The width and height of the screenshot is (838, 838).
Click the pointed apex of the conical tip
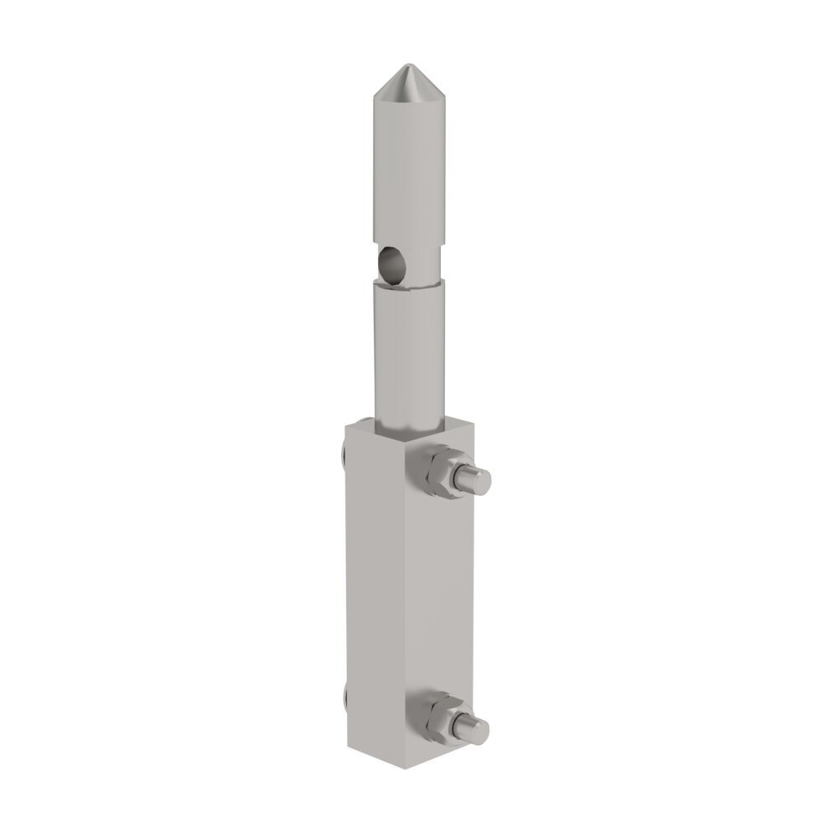pos(408,65)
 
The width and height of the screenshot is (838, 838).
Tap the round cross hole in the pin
pos(391,264)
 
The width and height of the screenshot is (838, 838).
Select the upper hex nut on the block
pos(437,473)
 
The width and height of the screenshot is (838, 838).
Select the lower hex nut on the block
pos(436,717)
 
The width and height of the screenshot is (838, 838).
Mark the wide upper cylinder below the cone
pos(408,176)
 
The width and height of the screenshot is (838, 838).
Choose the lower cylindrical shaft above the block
pos(408,352)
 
